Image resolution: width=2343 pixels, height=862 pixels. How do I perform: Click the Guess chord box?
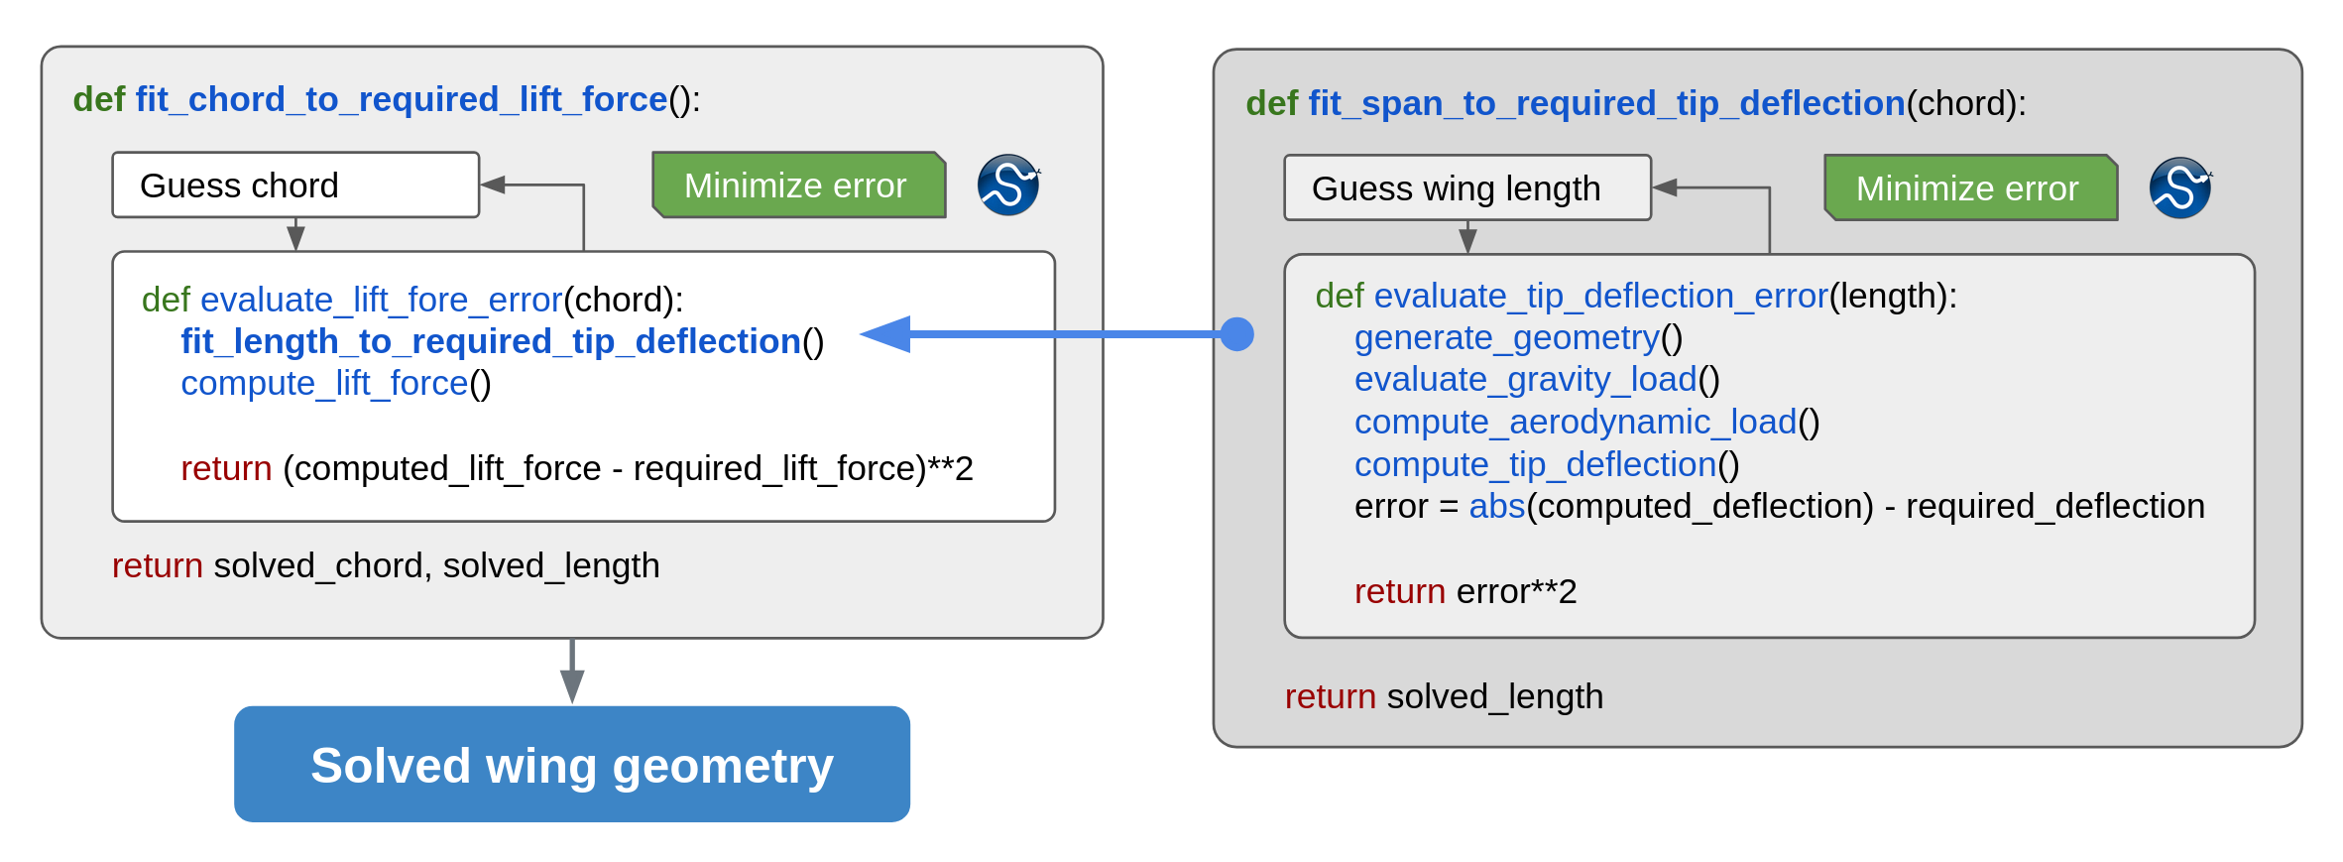[x=295, y=185]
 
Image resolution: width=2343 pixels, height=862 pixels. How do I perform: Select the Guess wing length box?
[x=1466, y=188]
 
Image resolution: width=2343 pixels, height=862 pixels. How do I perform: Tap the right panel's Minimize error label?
[x=1969, y=188]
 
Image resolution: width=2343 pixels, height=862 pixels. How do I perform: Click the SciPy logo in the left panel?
[x=1007, y=185]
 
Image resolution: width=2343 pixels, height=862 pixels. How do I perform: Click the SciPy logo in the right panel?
[x=2179, y=188]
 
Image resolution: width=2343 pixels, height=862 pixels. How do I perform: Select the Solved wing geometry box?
[x=572, y=765]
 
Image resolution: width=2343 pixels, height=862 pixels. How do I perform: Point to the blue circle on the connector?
[x=1236, y=334]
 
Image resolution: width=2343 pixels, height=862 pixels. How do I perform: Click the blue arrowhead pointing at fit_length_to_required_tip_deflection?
[x=885, y=334]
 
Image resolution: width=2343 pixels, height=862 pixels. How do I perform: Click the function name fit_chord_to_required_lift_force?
[x=401, y=100]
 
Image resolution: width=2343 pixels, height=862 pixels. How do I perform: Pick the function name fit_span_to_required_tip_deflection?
[x=1606, y=104]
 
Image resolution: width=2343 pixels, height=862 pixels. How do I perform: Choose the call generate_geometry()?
[x=1518, y=338]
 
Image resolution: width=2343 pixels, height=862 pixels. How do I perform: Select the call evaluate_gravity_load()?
[x=1536, y=380]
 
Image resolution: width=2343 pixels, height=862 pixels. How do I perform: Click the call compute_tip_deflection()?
[x=1546, y=465]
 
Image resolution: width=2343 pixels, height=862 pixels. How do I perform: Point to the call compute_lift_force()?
[x=335, y=384]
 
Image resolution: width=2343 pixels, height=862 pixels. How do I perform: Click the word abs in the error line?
[x=1495, y=507]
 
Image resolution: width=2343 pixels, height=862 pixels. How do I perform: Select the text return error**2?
[x=1464, y=592]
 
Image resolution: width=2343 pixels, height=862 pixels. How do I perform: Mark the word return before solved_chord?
[x=157, y=566]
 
